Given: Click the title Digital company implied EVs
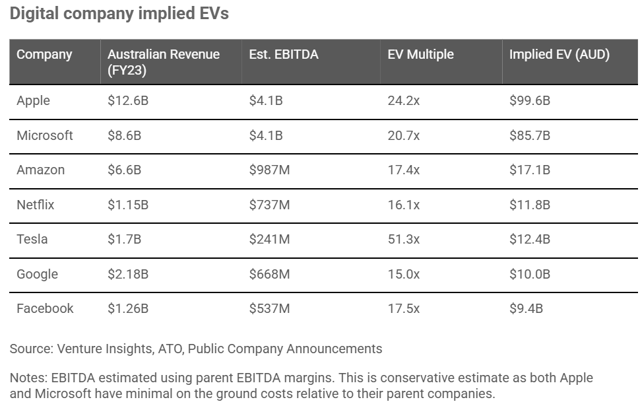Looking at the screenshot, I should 119,14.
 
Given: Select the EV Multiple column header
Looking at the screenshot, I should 420,54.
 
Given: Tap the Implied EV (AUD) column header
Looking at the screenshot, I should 559,54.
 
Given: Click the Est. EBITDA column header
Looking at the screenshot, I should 284,54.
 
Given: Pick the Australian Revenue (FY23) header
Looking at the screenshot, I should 163,62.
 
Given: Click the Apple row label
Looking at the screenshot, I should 33,101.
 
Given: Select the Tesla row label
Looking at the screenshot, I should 32,239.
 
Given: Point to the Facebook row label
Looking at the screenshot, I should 45,308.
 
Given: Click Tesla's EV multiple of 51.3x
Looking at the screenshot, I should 403,239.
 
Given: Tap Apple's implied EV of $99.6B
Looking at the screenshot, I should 529,101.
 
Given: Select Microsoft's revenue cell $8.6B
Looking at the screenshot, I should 124,135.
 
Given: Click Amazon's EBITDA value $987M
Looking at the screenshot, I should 269,170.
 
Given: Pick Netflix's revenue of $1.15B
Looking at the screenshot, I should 128,205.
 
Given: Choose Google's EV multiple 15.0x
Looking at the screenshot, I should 403,274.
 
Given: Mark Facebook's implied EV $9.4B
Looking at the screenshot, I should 526,308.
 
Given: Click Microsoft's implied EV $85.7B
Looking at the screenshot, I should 529,135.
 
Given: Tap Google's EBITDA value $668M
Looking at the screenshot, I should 269,274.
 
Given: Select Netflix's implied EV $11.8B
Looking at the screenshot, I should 529,205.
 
